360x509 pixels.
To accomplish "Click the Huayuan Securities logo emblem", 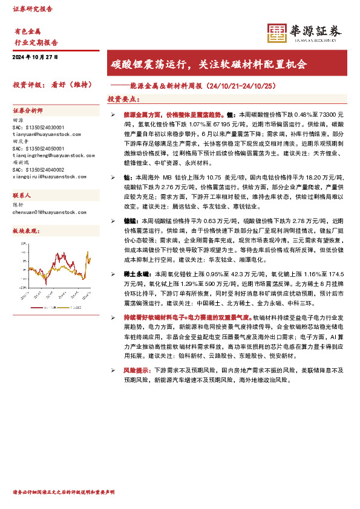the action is coord(277,34).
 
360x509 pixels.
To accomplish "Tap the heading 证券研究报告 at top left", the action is coord(33,9).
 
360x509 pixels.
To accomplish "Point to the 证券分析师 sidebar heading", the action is coord(28,111).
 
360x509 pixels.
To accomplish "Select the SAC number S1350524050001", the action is coord(38,148).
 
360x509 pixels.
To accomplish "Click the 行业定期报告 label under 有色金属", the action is coord(36,43).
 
